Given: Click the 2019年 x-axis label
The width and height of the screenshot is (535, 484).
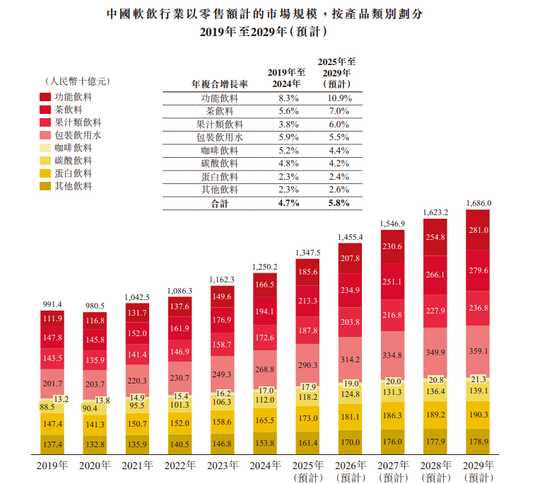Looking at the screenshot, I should click(53, 466).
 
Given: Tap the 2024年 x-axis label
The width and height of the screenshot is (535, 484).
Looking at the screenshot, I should click(265, 466).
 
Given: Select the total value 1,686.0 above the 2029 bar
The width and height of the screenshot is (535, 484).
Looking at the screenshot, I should click(478, 203).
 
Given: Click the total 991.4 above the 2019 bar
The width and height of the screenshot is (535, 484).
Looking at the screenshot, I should click(53, 304).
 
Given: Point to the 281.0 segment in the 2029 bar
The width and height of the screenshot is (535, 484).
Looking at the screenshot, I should click(478, 230).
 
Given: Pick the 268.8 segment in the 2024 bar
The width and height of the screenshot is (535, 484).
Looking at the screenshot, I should click(265, 369).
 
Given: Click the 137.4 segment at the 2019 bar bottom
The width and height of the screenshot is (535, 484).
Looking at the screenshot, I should click(53, 444).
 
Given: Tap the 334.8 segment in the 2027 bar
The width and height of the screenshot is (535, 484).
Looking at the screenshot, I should click(392, 355).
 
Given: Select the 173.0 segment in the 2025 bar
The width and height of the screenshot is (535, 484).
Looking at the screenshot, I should click(307, 419).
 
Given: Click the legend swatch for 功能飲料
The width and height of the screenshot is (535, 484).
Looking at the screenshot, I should click(45, 97).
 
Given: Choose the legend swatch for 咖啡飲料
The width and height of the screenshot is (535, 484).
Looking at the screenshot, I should click(45, 148).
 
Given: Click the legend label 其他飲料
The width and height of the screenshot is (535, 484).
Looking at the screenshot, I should click(74, 187).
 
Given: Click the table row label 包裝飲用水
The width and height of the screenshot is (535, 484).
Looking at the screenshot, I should click(219, 137).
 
